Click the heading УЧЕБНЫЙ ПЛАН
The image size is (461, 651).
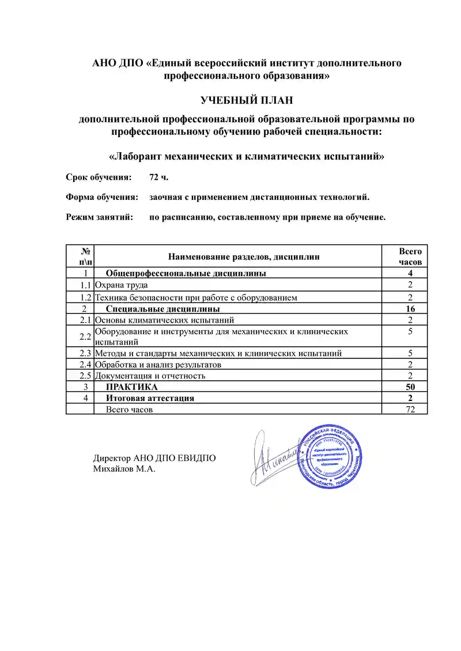tap(247, 101)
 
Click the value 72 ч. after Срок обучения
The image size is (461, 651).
tap(158, 176)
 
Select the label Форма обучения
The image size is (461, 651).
tap(102, 197)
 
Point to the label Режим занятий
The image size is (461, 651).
tap(100, 217)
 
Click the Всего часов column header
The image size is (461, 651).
tap(410, 256)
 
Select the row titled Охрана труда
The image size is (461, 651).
tap(122, 285)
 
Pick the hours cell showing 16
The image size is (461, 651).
tap(410, 309)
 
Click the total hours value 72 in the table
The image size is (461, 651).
tap(410, 409)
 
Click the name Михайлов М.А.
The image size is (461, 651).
tap(124, 469)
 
